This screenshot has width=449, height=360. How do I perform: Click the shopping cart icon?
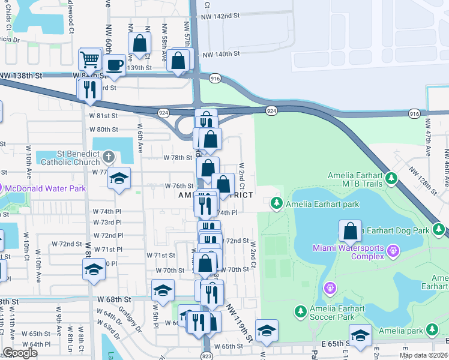pos(89,59)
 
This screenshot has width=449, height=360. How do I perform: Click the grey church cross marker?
pos(108,158)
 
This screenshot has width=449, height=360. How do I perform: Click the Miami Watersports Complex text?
pos(348,253)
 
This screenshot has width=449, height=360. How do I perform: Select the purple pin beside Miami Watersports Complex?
pos(393,250)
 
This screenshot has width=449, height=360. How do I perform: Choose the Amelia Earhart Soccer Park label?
pos(337,313)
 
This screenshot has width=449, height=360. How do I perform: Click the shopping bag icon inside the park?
pos(351,231)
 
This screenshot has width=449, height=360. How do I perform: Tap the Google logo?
pos(20,353)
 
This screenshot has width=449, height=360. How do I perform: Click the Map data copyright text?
pos(423,356)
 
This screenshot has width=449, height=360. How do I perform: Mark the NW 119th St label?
pos(239,322)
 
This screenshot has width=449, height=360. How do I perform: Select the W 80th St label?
pos(104,129)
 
